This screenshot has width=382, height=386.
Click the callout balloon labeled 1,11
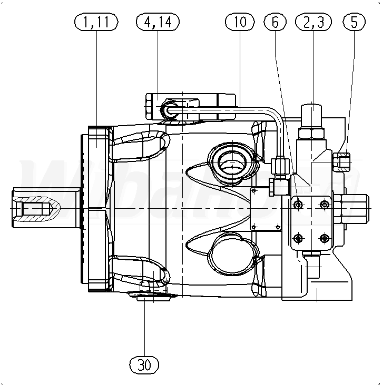96,22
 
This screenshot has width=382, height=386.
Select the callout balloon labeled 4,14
158,22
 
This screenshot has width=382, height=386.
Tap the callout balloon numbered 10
240,22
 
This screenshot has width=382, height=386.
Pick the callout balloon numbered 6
275,22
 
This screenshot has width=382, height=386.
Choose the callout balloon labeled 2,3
314,22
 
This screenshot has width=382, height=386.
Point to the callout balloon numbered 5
354,22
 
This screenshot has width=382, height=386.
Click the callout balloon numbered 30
144,365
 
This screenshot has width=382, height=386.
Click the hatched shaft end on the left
37,208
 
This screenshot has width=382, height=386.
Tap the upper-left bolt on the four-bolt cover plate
298,205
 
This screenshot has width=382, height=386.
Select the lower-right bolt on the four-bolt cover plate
324,238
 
